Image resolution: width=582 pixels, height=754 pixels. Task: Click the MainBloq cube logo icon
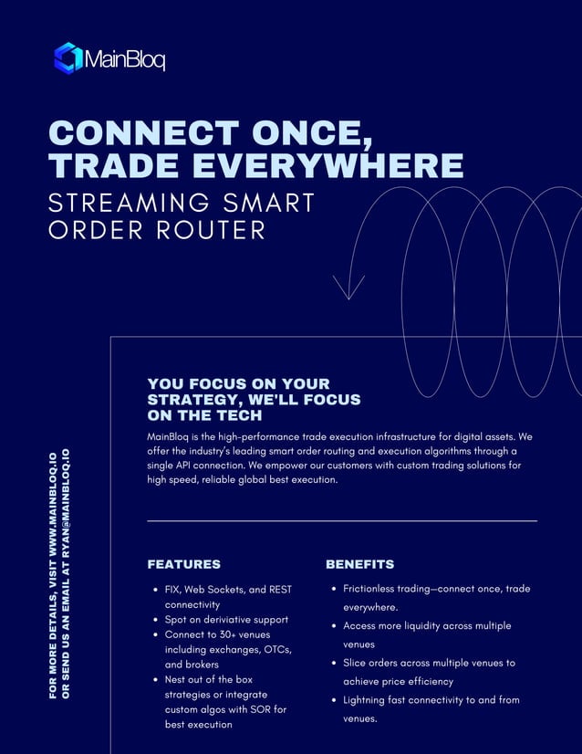click(x=68, y=58)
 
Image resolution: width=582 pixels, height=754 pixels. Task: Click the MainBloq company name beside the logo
click(x=125, y=60)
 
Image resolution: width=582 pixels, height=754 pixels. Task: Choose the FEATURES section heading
click(x=183, y=564)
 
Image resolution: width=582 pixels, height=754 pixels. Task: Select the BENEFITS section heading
click(x=359, y=564)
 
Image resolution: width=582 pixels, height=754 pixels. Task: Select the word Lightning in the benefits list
click(x=369, y=700)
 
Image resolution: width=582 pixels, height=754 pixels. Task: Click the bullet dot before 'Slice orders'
click(x=333, y=664)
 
